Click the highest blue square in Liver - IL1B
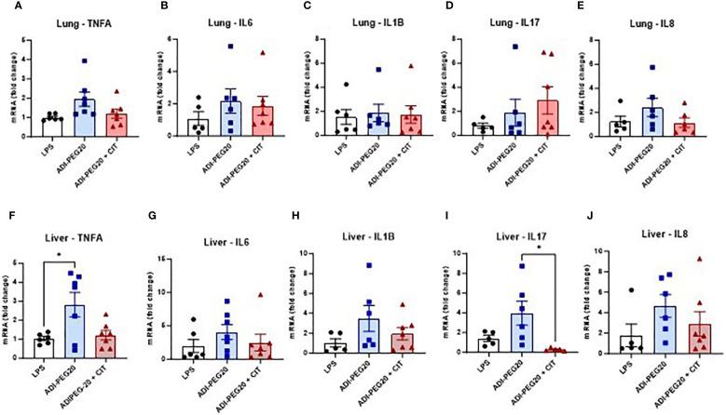tap(370, 266)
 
